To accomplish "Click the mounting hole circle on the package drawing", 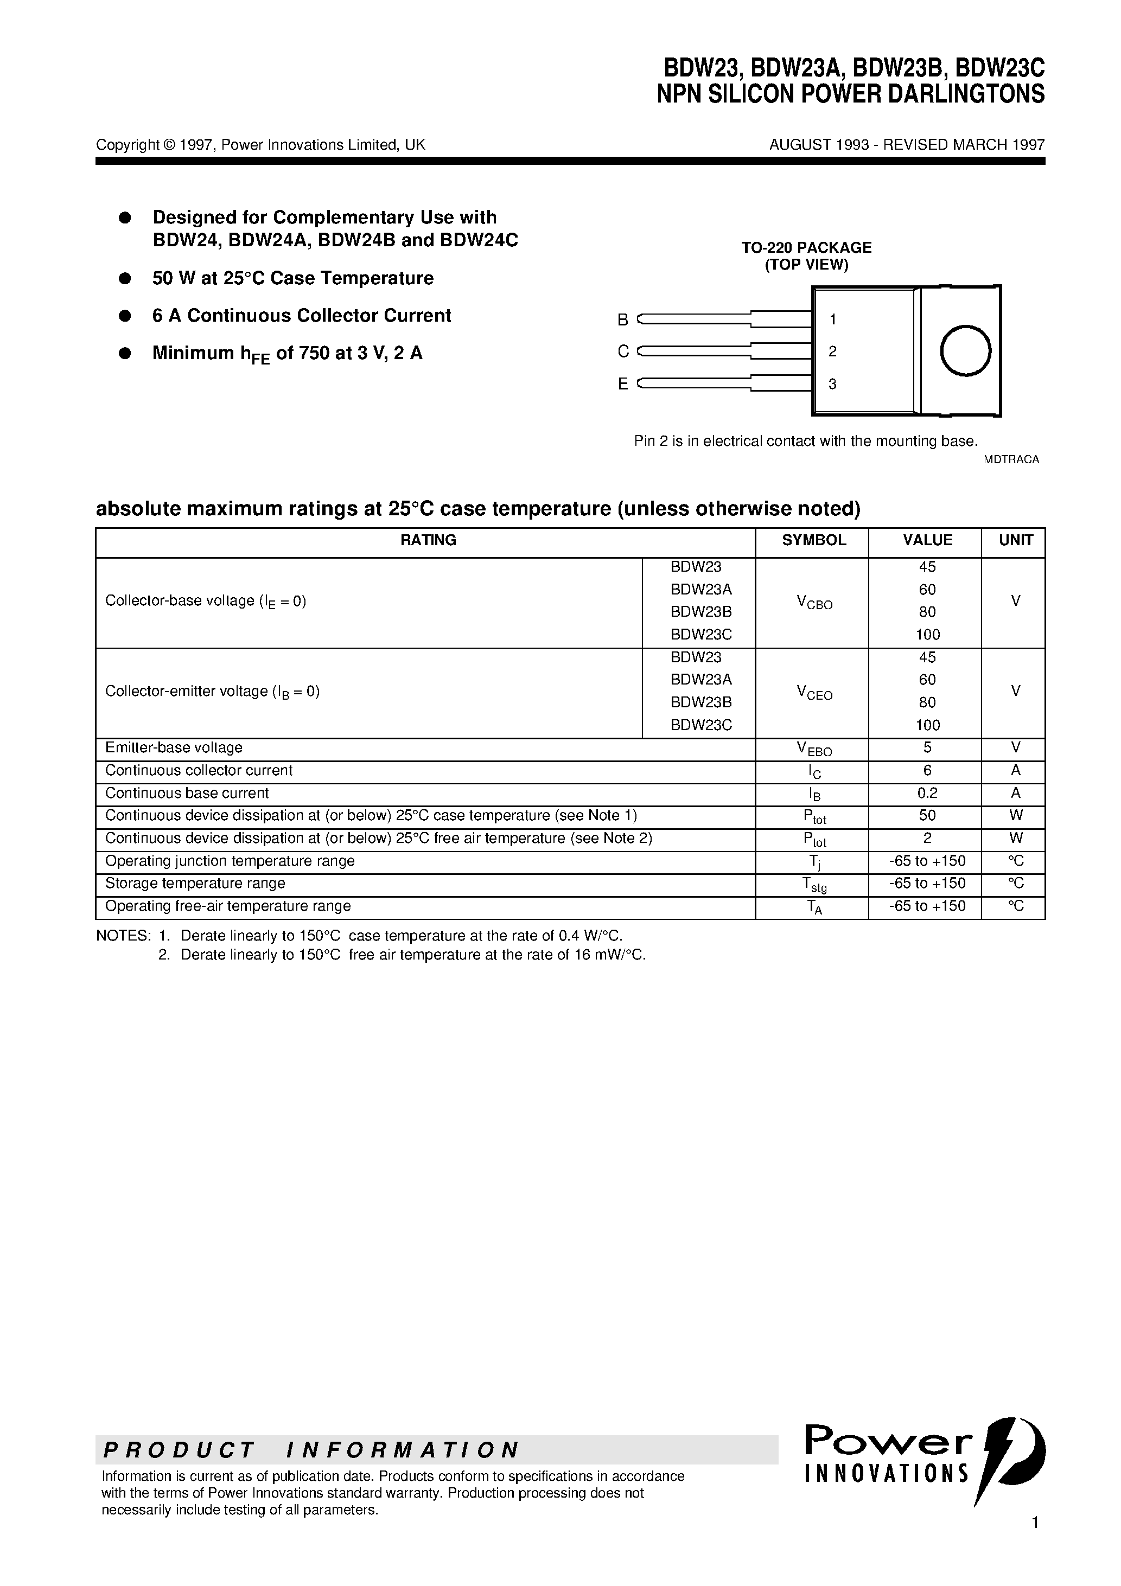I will pyautogui.click(x=965, y=351).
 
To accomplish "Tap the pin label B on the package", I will pyautogui.click(x=623, y=320).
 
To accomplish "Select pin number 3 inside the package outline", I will pyautogui.click(x=832, y=384).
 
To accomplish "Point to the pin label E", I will pyautogui.click(x=623, y=384).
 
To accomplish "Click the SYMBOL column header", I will pyautogui.click(x=813, y=540).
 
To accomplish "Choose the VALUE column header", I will pyautogui.click(x=927, y=540).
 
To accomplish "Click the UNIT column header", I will pyautogui.click(x=1015, y=540).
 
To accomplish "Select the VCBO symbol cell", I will pyautogui.click(x=814, y=603).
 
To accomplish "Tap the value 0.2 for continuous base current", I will pyautogui.click(x=927, y=793).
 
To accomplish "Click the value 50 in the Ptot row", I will pyautogui.click(x=927, y=816).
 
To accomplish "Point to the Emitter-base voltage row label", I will pyautogui.click(x=174, y=748).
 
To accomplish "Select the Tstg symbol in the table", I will pyautogui.click(x=814, y=885).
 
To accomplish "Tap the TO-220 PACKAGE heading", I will pyautogui.click(x=806, y=247).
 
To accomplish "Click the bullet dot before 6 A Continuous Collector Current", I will pyautogui.click(x=125, y=316).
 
